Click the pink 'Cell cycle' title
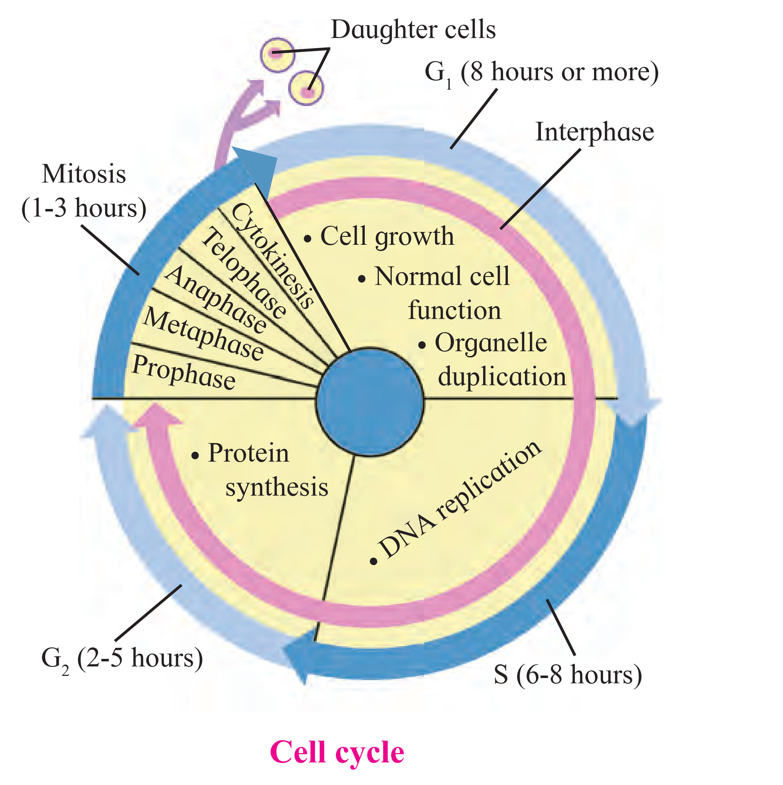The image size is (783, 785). tap(337, 752)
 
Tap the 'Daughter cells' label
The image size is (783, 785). tap(413, 30)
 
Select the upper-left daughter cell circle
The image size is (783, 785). tap(277, 55)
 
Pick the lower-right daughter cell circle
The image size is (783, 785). tap(306, 88)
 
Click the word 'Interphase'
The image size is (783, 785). tap(594, 132)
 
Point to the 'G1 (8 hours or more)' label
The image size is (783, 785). tap(542, 73)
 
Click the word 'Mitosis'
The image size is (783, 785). tap(84, 174)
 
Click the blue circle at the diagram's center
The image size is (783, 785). tap(370, 402)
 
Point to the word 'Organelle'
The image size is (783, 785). tap(491, 343)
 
